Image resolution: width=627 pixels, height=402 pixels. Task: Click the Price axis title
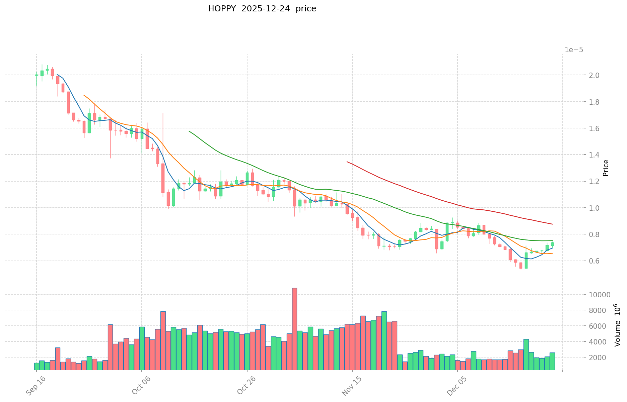pos(606,168)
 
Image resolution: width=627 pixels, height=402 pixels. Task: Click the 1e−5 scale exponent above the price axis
pos(574,50)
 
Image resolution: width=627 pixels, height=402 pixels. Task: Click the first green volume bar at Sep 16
pos(37,366)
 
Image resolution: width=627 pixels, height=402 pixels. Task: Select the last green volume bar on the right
pos(552,361)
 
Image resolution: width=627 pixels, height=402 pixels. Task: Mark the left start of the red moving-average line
pos(347,162)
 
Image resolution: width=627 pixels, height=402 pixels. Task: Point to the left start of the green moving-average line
pos(189,131)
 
